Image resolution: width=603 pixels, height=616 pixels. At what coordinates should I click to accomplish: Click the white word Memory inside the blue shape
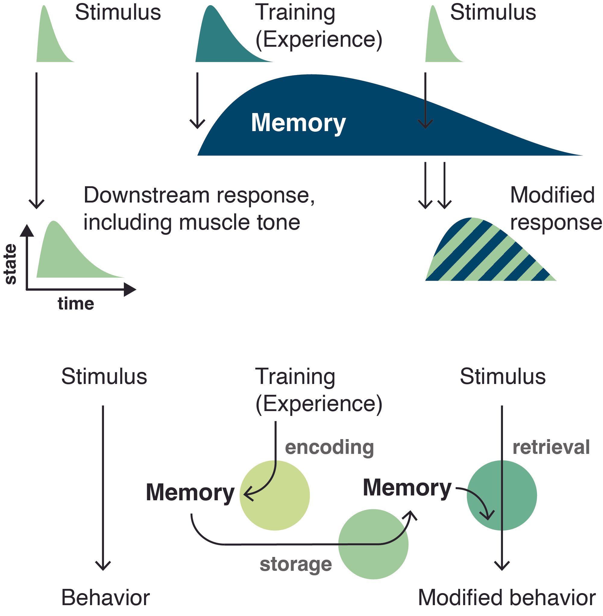click(x=298, y=123)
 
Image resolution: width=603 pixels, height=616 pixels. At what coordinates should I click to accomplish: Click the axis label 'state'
click(x=11, y=264)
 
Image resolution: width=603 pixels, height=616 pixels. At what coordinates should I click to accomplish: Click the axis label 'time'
click(x=76, y=304)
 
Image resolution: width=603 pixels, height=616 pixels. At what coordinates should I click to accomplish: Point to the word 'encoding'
click(x=329, y=448)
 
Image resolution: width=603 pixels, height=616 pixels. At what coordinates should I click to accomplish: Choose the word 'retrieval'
click(x=551, y=447)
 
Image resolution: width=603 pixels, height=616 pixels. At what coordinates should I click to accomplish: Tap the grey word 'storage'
click(x=296, y=564)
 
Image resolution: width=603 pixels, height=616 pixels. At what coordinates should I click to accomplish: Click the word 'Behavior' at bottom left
click(x=105, y=598)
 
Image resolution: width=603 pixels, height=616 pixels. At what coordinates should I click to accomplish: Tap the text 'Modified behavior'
click(x=507, y=598)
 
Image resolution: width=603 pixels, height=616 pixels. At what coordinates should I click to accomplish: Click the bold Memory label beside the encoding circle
click(x=190, y=493)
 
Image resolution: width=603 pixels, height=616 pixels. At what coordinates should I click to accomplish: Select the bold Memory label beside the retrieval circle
click(x=407, y=488)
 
